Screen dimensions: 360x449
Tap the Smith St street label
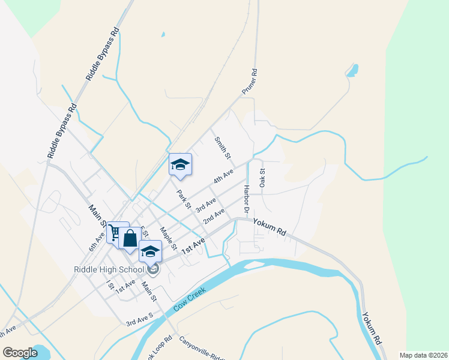[223, 147]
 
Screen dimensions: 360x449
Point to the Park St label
[183, 200]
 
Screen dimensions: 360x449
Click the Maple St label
[168, 238]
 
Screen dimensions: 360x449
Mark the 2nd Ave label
[214, 216]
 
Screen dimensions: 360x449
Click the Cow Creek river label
[190, 299]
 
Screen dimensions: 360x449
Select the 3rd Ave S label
[139, 319]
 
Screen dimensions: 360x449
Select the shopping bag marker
[130, 239]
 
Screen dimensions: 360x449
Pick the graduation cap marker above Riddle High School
[150, 252]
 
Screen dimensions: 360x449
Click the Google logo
[20, 353]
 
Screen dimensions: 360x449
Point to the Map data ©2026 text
[423, 355]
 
